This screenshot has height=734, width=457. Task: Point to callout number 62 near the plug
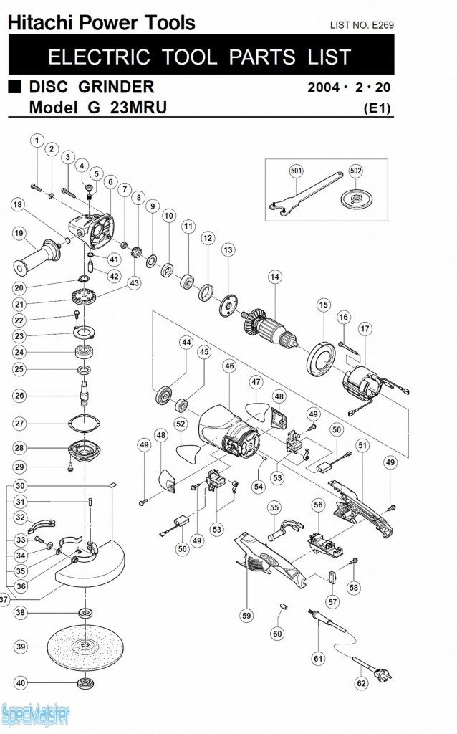tap(362, 683)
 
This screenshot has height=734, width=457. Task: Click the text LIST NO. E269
tap(362, 25)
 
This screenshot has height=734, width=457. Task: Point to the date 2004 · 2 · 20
tap(350, 89)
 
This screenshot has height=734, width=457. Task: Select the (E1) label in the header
tap(377, 109)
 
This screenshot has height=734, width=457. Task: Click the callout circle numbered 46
tap(229, 366)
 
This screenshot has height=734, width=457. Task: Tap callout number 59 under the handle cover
tap(246, 615)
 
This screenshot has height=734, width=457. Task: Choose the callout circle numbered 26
tap(19, 396)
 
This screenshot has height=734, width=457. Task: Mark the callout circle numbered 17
tap(365, 328)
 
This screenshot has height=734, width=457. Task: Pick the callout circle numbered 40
tap(20, 683)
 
